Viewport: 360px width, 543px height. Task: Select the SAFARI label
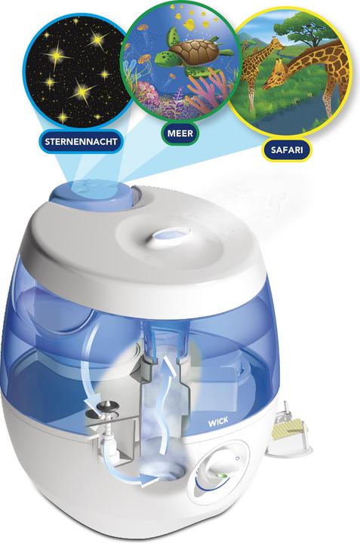click(x=287, y=148)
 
